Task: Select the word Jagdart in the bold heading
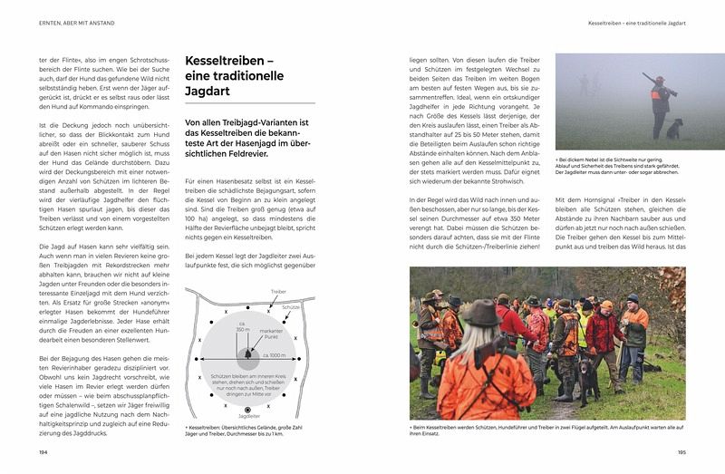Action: pyautogui.click(x=208, y=92)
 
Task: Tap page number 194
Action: pyautogui.click(x=43, y=450)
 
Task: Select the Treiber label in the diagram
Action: pyautogui.click(x=279, y=292)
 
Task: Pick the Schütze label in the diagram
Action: pyautogui.click(x=291, y=307)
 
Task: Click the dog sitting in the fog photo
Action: pyautogui.click(x=675, y=130)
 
